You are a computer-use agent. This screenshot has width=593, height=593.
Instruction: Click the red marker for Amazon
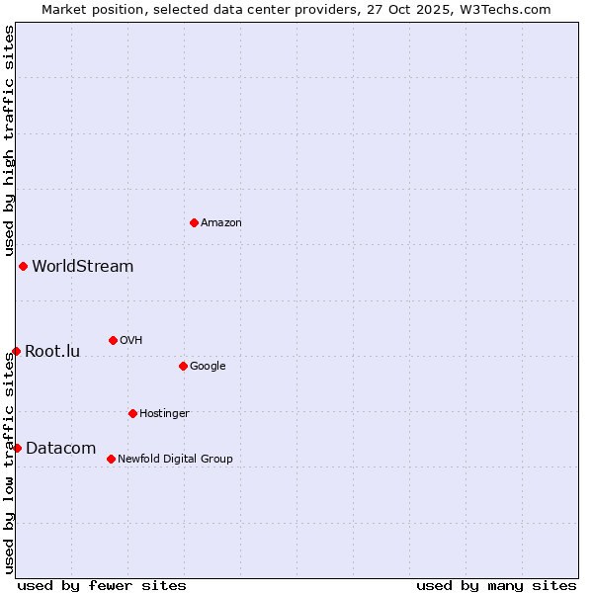click(x=194, y=222)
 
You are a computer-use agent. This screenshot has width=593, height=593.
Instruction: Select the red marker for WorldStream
click(x=23, y=266)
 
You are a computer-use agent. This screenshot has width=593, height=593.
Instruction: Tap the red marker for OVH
click(x=113, y=340)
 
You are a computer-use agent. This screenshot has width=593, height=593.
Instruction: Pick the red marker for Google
click(x=183, y=366)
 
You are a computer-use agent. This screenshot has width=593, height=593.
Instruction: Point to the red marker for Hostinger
click(x=132, y=413)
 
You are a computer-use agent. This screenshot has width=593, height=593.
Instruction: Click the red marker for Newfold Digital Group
click(x=111, y=459)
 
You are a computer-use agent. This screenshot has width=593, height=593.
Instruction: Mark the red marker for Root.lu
click(x=16, y=351)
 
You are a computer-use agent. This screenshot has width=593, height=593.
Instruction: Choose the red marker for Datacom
click(x=17, y=448)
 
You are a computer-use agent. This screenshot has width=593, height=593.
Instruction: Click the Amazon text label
click(x=221, y=222)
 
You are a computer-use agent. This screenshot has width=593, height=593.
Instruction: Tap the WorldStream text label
click(x=83, y=266)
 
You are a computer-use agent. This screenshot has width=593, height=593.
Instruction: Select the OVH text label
click(x=131, y=340)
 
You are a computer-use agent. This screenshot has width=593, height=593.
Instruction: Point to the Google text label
click(x=208, y=366)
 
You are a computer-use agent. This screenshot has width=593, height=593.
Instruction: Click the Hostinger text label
click(x=164, y=413)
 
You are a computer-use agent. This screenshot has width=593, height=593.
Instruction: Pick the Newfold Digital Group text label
click(x=175, y=459)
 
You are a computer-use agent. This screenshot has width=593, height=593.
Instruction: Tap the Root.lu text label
click(x=52, y=351)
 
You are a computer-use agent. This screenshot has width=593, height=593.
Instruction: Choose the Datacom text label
click(x=60, y=448)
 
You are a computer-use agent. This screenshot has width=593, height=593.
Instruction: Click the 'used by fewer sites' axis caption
click(x=102, y=585)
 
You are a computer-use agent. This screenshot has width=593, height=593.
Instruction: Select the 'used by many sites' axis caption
click(x=496, y=585)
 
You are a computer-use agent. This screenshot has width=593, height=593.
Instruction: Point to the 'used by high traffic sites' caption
click(x=9, y=140)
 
